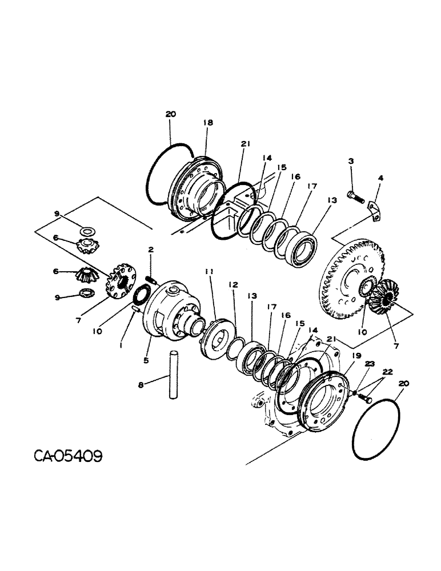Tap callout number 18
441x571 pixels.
pos(207,122)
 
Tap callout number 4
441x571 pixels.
pos(381,178)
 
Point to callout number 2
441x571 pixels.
pos(150,250)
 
